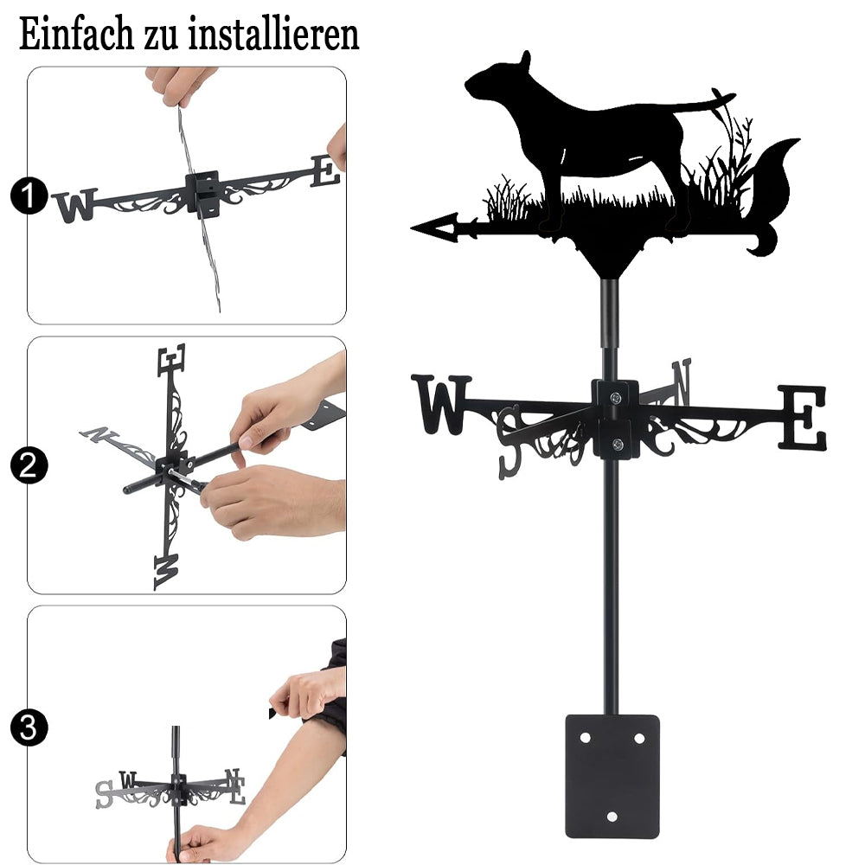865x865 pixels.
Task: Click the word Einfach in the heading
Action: [76, 34]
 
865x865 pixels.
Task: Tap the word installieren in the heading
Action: [273, 34]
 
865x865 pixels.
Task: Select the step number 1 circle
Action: [29, 195]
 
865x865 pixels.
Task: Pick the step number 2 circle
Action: [29, 465]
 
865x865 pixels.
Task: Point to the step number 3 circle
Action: [29, 727]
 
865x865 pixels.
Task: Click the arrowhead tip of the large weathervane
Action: [412, 227]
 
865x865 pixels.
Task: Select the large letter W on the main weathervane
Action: [441, 404]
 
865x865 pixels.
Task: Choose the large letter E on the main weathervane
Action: [803, 417]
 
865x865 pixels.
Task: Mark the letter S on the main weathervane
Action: [509, 442]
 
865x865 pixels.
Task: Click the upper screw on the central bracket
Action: [616, 396]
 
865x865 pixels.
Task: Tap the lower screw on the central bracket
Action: [618, 444]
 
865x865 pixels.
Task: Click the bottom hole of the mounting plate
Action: [612, 816]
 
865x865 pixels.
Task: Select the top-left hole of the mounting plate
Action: [585, 738]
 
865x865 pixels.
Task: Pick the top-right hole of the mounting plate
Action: [639, 738]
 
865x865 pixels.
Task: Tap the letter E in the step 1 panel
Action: [325, 171]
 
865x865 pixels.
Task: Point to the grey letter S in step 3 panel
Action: [104, 794]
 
